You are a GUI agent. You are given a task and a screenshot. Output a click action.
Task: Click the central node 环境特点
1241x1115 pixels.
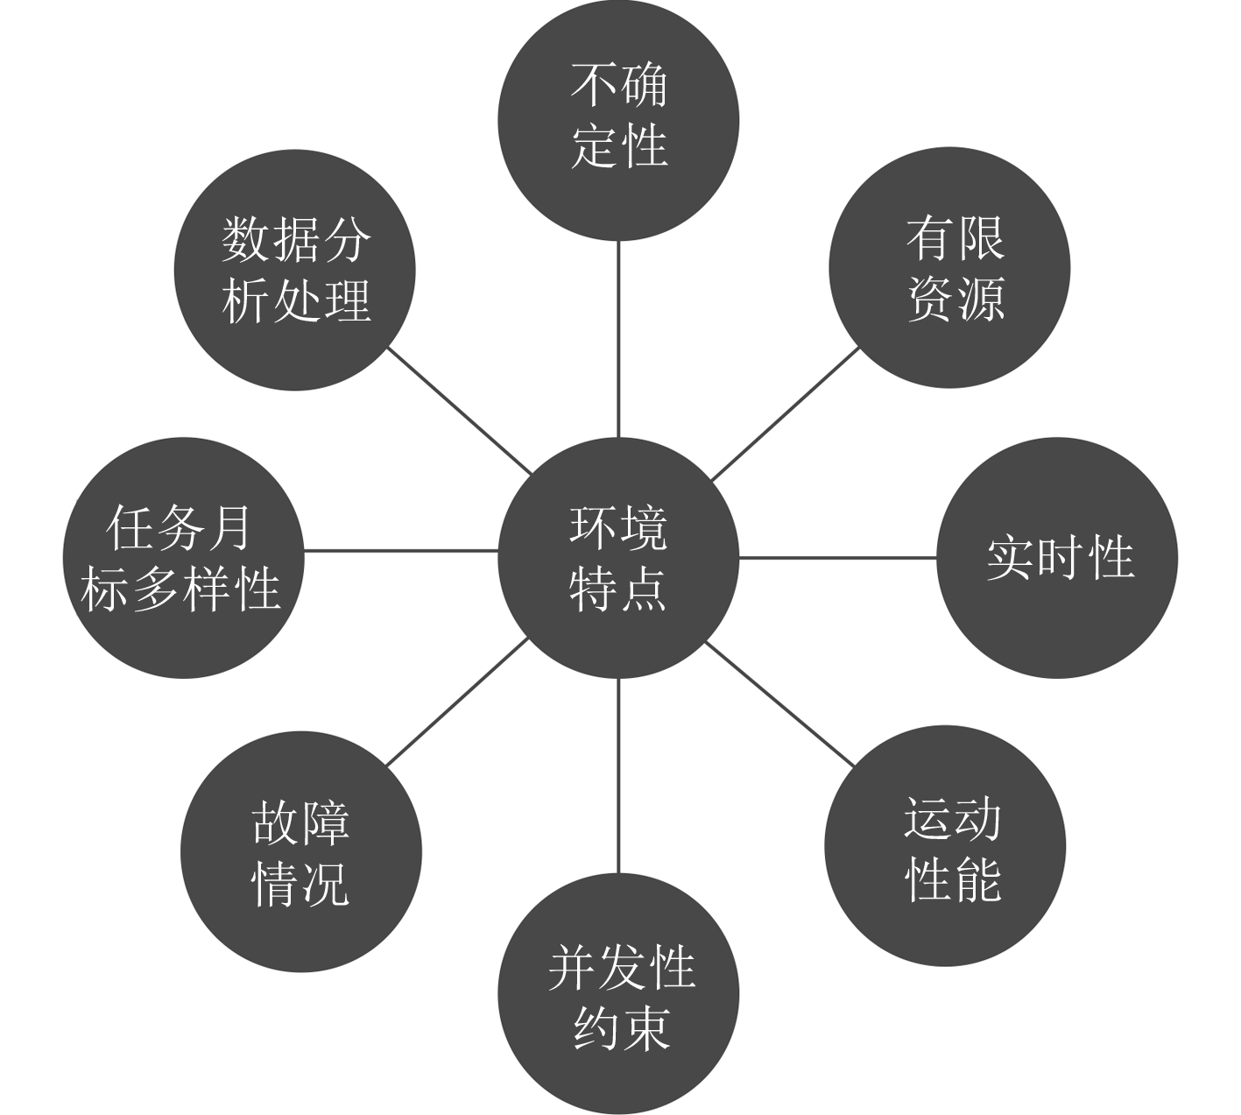618,557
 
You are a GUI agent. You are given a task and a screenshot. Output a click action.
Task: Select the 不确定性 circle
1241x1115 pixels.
618,120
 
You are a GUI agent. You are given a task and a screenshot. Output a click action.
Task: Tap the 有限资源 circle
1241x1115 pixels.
949,267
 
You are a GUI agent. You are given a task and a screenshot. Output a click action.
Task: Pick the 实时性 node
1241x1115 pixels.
1057,557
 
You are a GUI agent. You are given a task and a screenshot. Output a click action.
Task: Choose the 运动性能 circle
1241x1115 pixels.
945,846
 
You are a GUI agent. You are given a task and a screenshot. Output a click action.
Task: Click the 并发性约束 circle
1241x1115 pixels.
618,995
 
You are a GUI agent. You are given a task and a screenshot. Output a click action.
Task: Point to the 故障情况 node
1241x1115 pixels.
301,851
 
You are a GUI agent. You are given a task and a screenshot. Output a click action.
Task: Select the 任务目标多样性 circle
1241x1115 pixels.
183,557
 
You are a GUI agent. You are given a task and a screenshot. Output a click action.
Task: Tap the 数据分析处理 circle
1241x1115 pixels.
294,269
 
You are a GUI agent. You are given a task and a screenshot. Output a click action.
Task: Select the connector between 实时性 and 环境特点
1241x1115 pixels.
837,557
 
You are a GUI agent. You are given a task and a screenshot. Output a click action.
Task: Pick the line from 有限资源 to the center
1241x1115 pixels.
785,414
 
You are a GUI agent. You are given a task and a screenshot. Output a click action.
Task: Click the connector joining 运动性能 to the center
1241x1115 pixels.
779,703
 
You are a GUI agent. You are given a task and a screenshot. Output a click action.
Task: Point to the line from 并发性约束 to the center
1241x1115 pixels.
618,776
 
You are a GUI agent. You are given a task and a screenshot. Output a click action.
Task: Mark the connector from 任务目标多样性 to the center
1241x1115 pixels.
401,551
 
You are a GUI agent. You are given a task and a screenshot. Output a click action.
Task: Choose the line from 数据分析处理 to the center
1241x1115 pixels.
460,412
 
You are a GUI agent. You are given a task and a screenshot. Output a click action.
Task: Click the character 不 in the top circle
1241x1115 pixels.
593,85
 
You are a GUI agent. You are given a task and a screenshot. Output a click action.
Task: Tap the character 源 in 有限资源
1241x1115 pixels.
979,298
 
